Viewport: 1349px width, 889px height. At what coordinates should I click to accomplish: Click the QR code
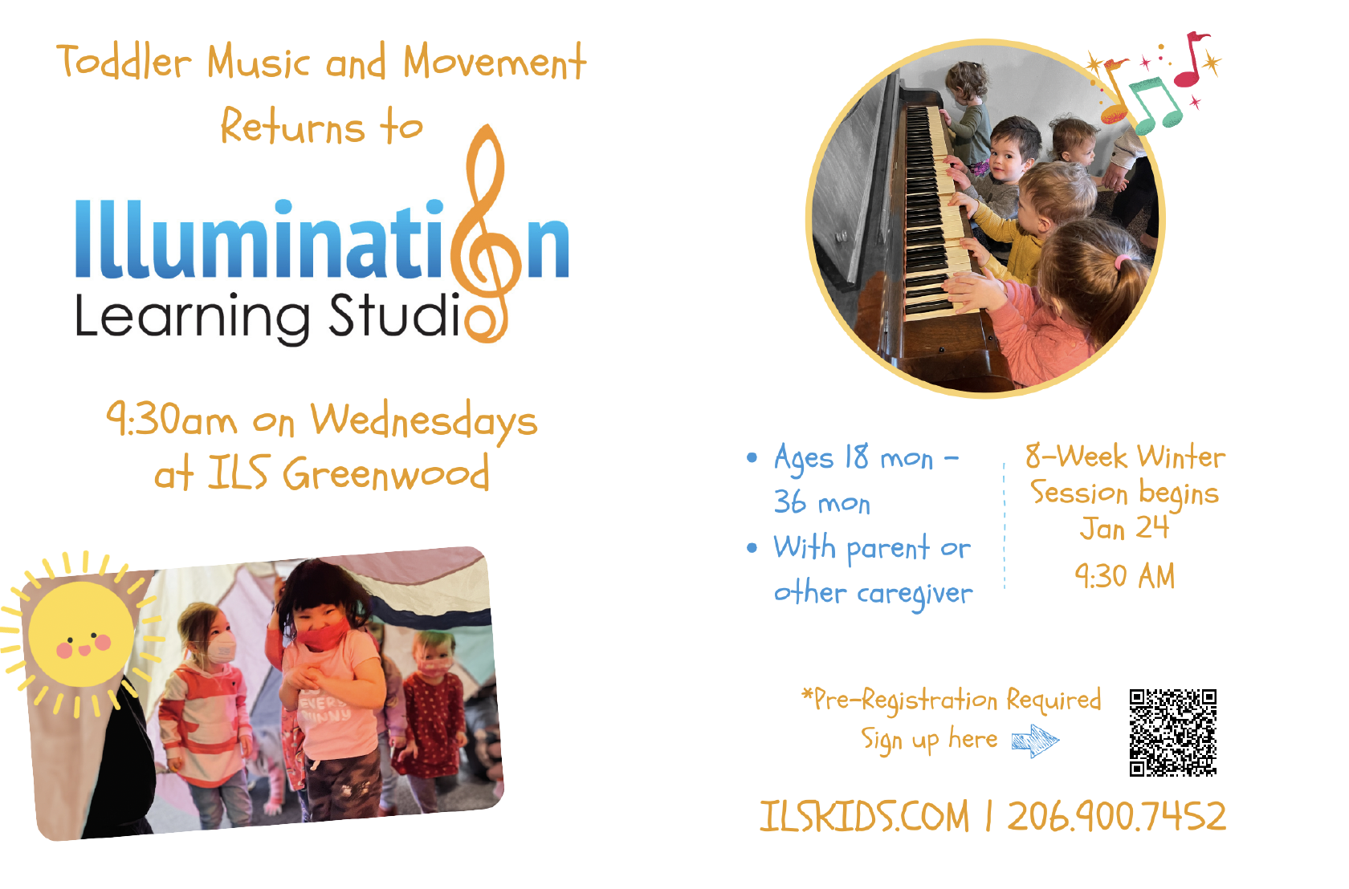pyautogui.click(x=1172, y=733)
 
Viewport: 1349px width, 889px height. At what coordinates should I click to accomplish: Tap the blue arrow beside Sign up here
pyautogui.click(x=1035, y=741)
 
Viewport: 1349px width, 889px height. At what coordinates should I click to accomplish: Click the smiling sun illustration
pyautogui.click(x=81, y=634)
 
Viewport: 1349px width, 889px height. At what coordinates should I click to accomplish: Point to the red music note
pyautogui.click(x=1192, y=59)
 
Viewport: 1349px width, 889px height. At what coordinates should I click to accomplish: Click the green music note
pyautogui.click(x=1155, y=105)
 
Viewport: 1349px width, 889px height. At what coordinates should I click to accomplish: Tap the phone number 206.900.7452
pyautogui.click(x=1116, y=817)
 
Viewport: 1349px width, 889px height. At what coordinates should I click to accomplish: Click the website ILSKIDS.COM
pyautogui.click(x=864, y=817)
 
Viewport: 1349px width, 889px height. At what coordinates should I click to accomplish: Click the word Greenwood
pyautogui.click(x=386, y=473)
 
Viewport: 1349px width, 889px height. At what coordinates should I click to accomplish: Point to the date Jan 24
pyautogui.click(x=1124, y=528)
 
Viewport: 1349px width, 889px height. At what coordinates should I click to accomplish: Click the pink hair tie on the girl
pyautogui.click(x=1122, y=262)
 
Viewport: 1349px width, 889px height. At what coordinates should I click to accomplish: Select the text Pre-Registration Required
pyautogui.click(x=952, y=700)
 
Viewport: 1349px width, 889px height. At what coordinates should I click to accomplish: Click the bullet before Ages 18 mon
pyautogui.click(x=752, y=457)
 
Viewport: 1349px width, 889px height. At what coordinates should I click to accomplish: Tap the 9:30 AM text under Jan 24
pyautogui.click(x=1124, y=576)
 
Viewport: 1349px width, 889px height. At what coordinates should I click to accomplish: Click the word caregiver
pyautogui.click(x=915, y=594)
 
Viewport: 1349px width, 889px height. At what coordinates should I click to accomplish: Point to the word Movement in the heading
pyautogui.click(x=495, y=62)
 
